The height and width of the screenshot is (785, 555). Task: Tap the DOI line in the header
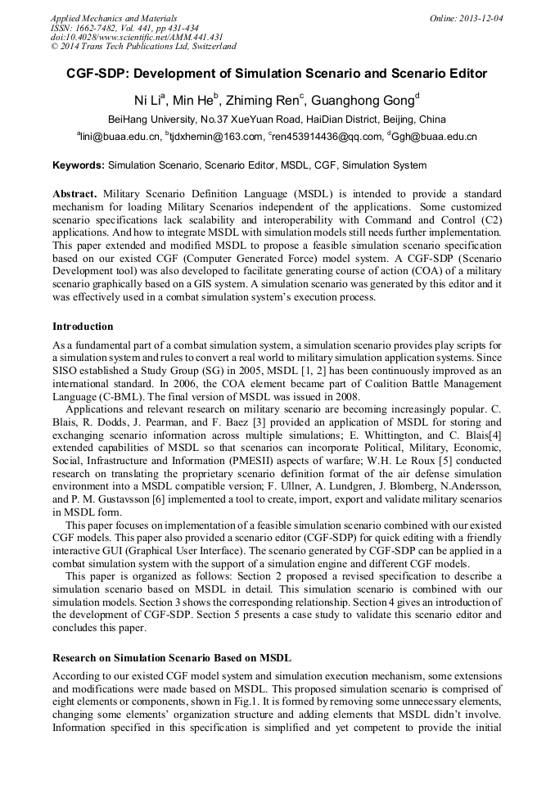click(x=137, y=37)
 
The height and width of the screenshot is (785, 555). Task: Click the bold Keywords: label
click(x=79, y=165)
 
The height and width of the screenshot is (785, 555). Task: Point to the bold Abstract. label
click(x=75, y=194)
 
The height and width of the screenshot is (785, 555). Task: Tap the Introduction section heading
click(x=83, y=326)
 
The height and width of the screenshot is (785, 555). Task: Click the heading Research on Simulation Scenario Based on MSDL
click(x=172, y=657)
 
